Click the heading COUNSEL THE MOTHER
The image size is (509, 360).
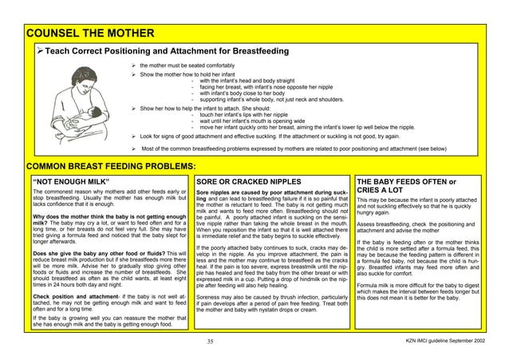[89, 34]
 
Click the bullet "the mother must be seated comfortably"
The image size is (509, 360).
[187, 65]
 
